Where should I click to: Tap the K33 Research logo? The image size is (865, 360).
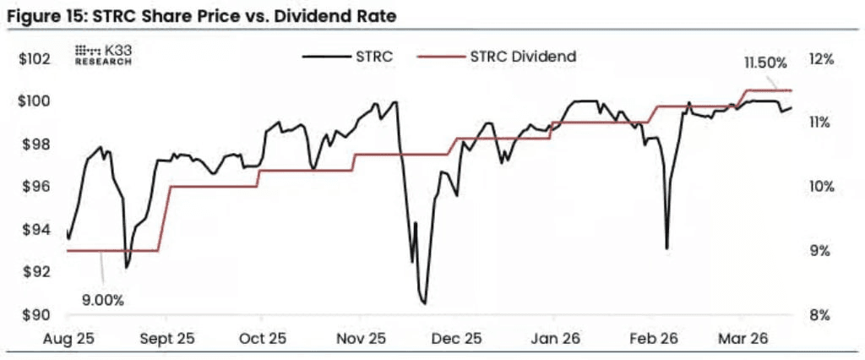click(104, 55)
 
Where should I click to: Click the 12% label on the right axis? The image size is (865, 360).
click(821, 60)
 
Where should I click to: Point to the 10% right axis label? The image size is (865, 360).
click(821, 187)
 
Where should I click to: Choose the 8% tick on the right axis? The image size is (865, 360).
click(822, 316)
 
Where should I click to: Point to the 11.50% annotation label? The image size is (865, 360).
click(765, 63)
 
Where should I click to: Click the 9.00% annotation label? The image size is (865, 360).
click(104, 299)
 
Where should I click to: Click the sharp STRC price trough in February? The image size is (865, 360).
click(667, 248)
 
